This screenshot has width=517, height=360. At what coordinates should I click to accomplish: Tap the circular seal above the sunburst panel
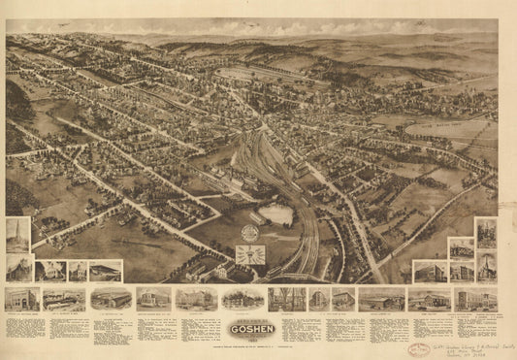(x=250, y=234)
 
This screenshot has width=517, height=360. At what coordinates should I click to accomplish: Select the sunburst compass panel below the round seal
(x=250, y=256)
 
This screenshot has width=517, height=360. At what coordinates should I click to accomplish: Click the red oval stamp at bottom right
(x=420, y=348)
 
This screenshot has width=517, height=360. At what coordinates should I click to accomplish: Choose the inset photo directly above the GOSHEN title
(x=242, y=299)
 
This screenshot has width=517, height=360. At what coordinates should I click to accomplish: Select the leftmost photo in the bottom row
(x=21, y=299)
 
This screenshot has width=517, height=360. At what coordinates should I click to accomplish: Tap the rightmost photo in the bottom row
(x=481, y=299)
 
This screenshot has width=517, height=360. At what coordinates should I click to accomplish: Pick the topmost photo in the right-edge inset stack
(x=486, y=233)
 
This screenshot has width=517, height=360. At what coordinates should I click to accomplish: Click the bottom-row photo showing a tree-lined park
(x=286, y=299)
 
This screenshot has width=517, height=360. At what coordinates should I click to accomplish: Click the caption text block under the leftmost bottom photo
(x=21, y=324)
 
